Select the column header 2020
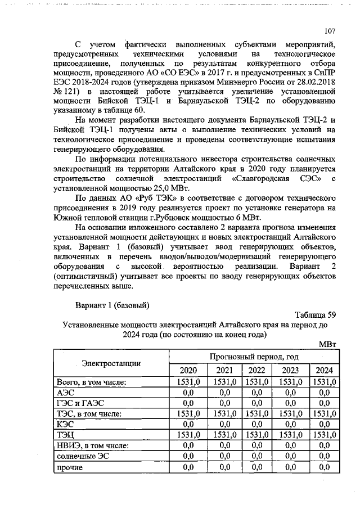188,370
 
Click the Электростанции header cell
111,363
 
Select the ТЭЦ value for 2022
256,435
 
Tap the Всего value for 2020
188,382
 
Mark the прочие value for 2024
323,466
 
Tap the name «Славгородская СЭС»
272,178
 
